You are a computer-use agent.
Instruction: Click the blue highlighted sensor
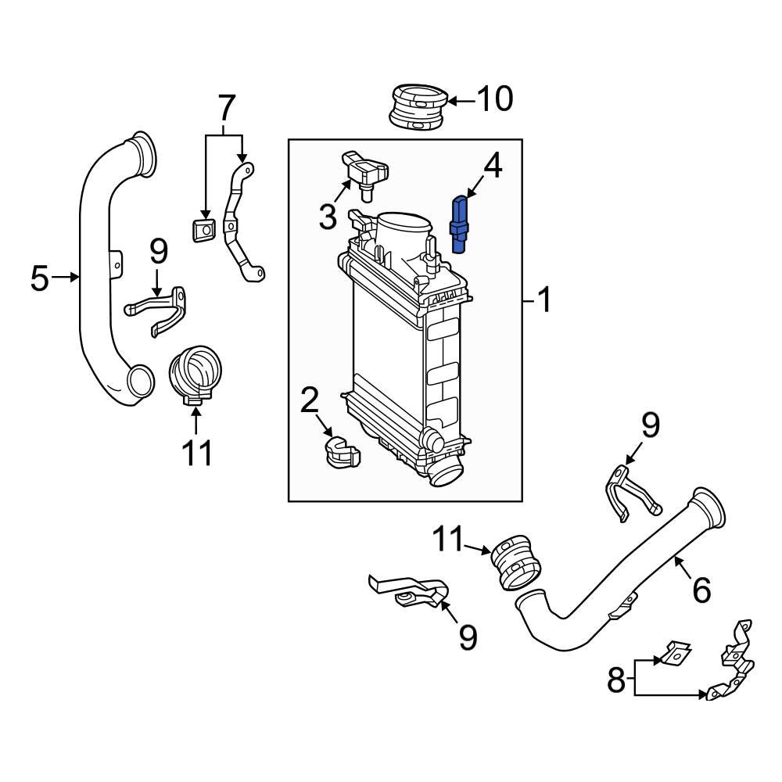pos(461,225)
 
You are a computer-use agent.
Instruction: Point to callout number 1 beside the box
pos(542,300)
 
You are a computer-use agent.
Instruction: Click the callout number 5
pos(40,278)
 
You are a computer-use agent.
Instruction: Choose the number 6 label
pos(701,590)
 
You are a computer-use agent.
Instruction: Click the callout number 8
pos(617,680)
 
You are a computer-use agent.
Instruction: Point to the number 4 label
pos(491,165)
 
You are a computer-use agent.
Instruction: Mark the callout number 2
pos(310,400)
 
